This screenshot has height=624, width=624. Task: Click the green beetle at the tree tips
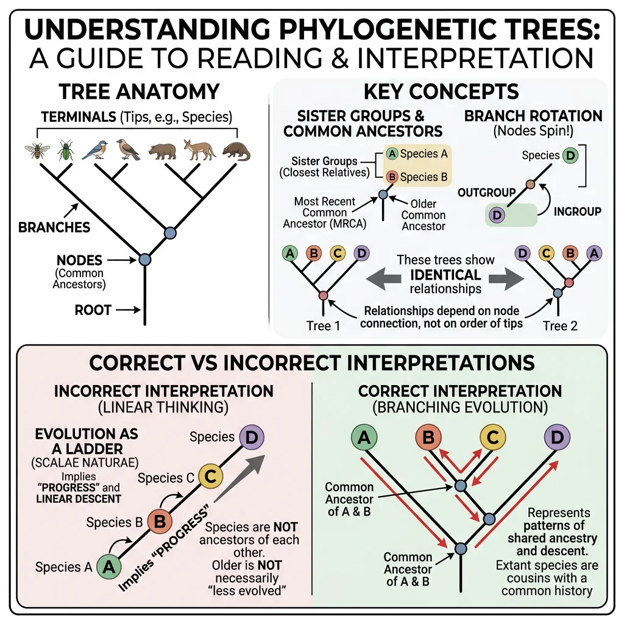pyautogui.click(x=65, y=150)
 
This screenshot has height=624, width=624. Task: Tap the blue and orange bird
pyautogui.click(x=94, y=149)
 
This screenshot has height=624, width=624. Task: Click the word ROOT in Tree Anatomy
pyautogui.click(x=93, y=310)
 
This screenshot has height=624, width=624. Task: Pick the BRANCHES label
pyautogui.click(x=46, y=228)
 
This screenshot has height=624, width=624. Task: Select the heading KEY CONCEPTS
pyautogui.click(x=441, y=91)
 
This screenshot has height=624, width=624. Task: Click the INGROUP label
pyautogui.click(x=577, y=211)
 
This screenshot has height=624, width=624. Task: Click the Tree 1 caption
pyautogui.click(x=323, y=325)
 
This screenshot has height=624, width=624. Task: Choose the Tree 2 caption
pyautogui.click(x=559, y=325)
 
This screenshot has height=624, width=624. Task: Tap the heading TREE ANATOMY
pyautogui.click(x=139, y=91)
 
